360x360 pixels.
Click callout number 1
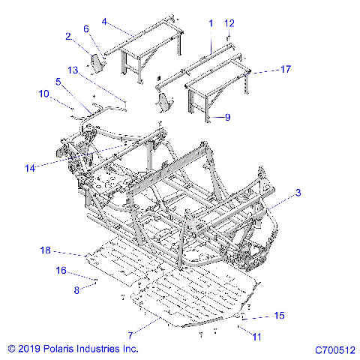tap(211, 23)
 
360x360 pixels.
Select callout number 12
tap(229, 23)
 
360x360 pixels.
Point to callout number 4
tap(104, 22)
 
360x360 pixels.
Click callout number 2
tap(68, 36)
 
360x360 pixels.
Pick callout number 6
tap(86, 28)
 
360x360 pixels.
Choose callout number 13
tap(73, 69)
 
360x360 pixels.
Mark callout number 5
tap(58, 81)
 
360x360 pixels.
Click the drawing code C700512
tap(334, 349)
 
